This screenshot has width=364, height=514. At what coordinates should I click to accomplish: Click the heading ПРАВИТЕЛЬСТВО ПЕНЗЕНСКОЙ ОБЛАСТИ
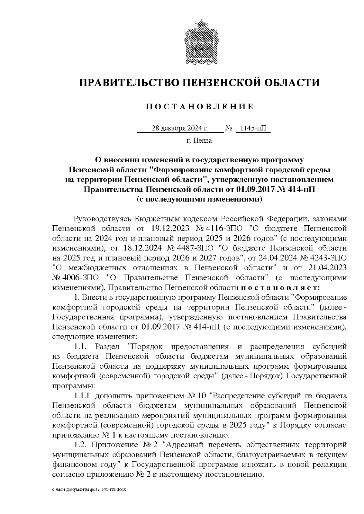click(199, 82)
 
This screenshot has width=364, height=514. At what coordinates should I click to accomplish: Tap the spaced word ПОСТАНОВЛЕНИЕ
click(199, 107)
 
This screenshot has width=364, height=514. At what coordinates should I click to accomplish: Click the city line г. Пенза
click(199, 141)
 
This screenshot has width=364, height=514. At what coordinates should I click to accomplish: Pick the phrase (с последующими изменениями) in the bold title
click(199, 199)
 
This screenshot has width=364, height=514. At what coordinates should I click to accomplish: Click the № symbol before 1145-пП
click(228, 128)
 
